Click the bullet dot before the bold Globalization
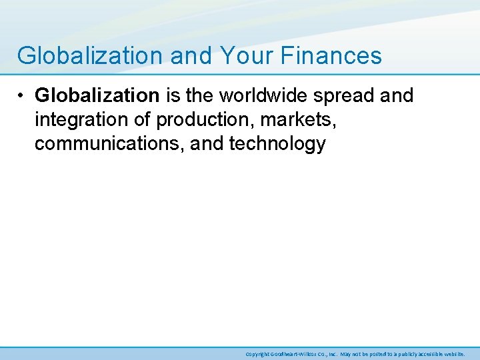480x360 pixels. (x=23, y=96)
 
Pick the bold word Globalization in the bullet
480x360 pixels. (x=97, y=95)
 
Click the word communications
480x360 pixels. (x=109, y=144)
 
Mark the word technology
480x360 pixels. (x=280, y=144)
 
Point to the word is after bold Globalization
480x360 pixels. (x=172, y=95)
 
